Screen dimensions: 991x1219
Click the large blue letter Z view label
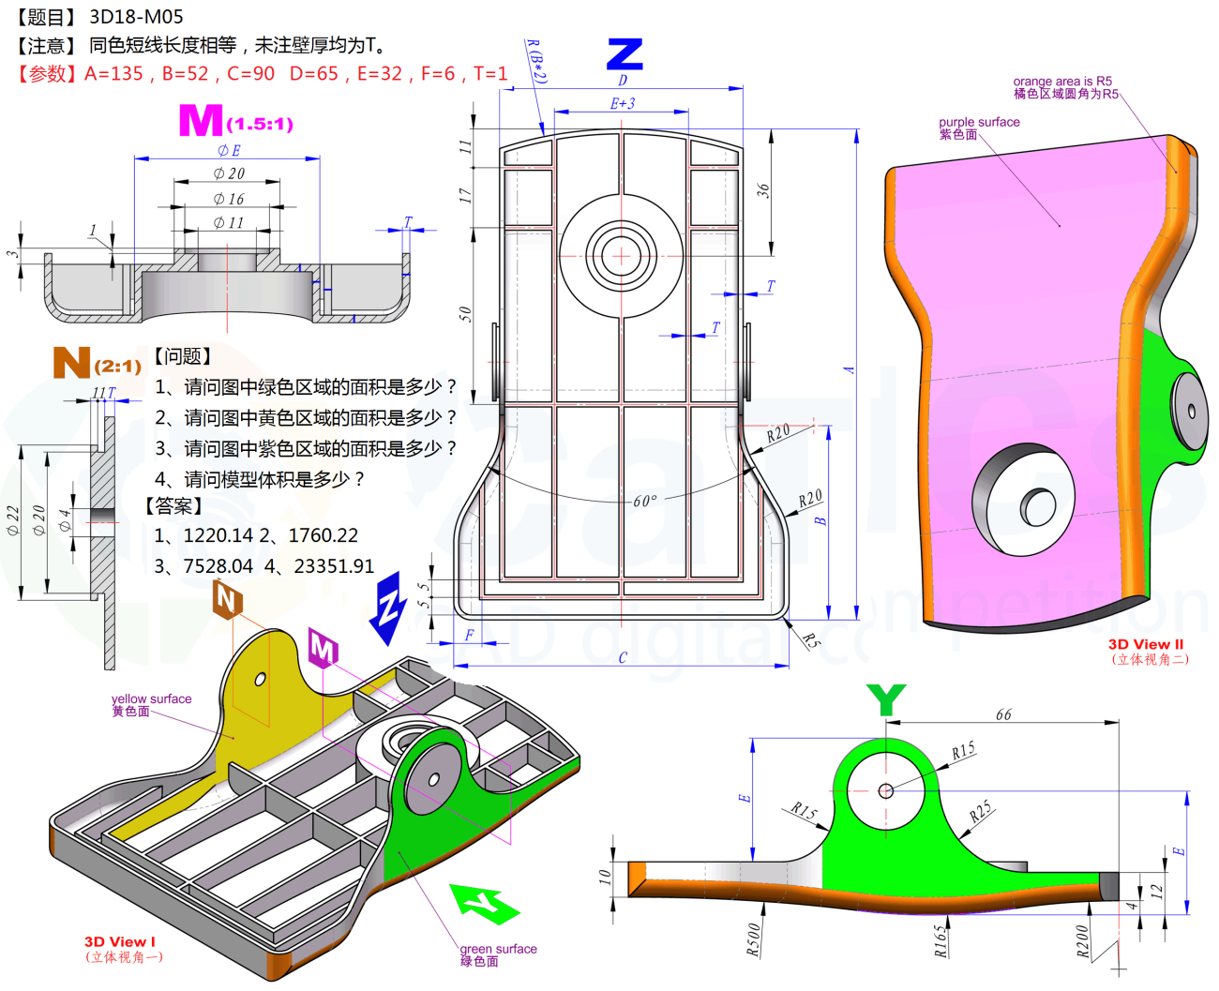coord(625,54)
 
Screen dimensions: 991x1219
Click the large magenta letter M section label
coord(200,121)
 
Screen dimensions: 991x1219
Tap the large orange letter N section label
coord(71,363)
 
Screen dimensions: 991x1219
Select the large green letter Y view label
coord(886,699)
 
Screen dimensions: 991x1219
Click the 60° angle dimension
coord(644,501)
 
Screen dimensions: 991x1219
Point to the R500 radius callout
coord(754,939)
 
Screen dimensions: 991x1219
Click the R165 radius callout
coord(941,940)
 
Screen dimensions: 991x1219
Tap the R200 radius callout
coord(1083,941)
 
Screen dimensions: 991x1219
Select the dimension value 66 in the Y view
coord(1003,714)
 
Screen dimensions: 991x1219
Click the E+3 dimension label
coord(623,103)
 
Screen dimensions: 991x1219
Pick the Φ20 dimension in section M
coord(228,173)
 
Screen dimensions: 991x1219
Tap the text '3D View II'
coord(1145,644)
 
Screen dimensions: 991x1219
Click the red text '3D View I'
coord(119,941)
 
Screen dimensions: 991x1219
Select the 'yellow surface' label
coord(151,698)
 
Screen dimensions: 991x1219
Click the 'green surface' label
coord(498,949)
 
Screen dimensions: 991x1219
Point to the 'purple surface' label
coord(979,122)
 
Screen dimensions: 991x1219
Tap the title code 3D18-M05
coord(136,17)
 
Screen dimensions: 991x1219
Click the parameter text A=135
coord(113,73)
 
